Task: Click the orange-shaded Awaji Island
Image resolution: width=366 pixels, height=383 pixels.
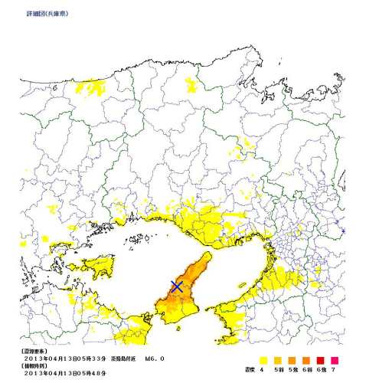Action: (184, 299)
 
